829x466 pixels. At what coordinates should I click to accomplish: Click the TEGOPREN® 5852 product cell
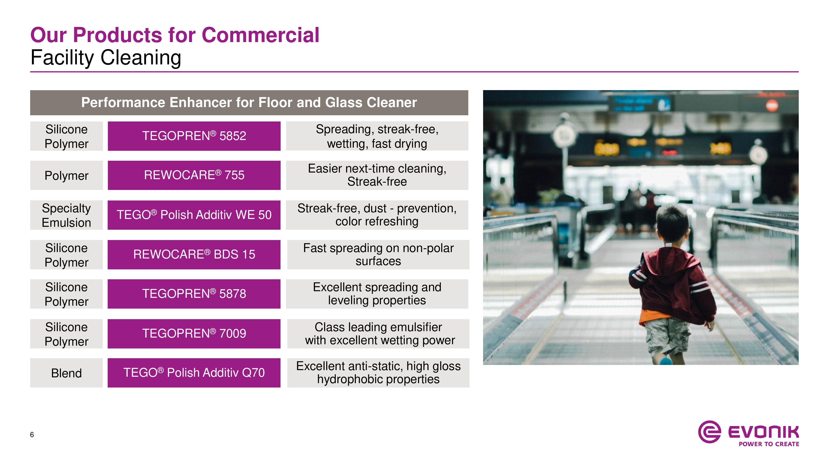[x=194, y=136]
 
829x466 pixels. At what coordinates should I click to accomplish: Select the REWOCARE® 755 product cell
[x=194, y=175]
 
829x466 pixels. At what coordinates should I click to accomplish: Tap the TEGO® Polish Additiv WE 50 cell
[x=194, y=215]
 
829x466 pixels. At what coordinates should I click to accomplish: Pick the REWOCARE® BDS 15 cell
[x=194, y=254]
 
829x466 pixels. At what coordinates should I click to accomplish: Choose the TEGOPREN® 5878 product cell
[x=194, y=294]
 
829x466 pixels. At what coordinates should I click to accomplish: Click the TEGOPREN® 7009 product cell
[x=194, y=333]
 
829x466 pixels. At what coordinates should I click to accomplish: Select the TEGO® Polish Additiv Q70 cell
[x=194, y=373]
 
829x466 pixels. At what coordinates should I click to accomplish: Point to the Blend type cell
[x=66, y=373]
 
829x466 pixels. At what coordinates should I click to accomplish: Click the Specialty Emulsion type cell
[x=66, y=215]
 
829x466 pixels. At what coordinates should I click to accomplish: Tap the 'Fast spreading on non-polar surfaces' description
[x=378, y=254]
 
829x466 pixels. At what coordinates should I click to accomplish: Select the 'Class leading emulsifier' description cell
[x=378, y=333]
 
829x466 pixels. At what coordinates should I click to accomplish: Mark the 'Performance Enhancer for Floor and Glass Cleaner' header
[x=249, y=103]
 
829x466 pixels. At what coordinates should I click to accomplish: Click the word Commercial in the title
[x=261, y=35]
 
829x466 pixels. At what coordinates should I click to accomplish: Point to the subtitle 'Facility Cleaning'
[x=106, y=58]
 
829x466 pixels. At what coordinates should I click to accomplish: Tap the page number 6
[x=32, y=435]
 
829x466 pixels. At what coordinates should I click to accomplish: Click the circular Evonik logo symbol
[x=709, y=432]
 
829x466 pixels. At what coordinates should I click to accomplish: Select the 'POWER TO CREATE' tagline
[x=769, y=444]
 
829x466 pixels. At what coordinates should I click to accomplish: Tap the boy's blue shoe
[x=665, y=361]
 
